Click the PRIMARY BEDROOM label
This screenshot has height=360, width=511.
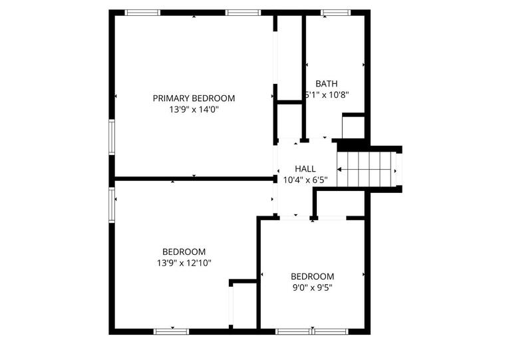[x=194, y=98]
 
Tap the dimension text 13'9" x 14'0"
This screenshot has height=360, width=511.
[x=194, y=109]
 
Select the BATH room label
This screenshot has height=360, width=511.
[x=326, y=84]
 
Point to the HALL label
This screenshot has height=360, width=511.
[x=305, y=169]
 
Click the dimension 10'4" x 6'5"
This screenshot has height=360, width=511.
[x=305, y=180]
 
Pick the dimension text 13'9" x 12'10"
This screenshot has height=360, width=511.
[x=184, y=263]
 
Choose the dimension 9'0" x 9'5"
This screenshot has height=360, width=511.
[x=312, y=287]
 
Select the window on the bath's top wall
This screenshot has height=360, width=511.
[x=335, y=12]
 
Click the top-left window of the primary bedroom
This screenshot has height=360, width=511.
[x=143, y=12]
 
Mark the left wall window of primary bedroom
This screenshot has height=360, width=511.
[x=112, y=136]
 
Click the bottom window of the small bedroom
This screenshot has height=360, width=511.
[x=312, y=331]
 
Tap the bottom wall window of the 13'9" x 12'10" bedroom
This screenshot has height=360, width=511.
[x=172, y=331]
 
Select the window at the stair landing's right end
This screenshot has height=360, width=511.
[x=399, y=170]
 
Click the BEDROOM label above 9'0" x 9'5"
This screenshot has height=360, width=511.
[x=312, y=276]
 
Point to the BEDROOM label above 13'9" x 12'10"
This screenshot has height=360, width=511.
[x=184, y=252]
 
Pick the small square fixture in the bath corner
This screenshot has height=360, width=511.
[x=353, y=126]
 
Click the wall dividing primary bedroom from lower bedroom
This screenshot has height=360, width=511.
[x=193, y=178]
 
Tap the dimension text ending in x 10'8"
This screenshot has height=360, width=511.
[x=326, y=94]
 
